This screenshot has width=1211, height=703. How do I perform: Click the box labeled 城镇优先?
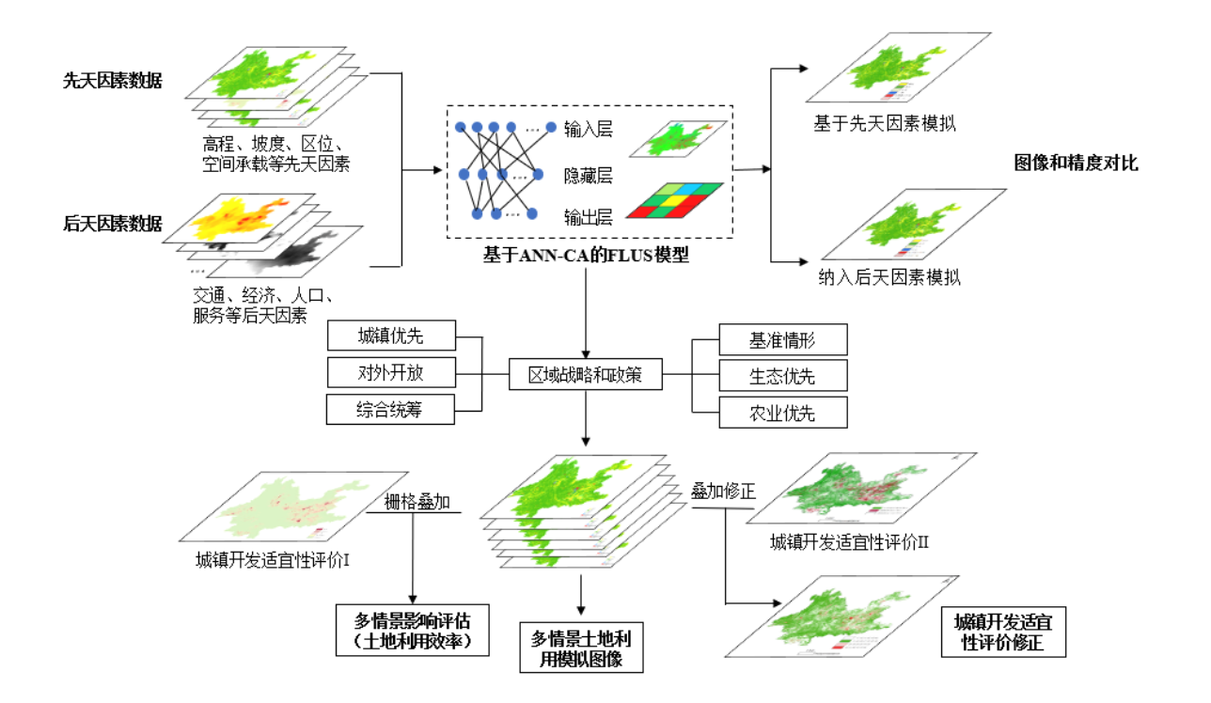390,336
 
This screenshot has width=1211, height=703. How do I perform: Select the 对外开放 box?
390,372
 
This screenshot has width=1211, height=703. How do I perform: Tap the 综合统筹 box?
390,410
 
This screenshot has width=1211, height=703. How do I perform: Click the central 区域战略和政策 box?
586,375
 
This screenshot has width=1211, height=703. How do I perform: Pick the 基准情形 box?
782,339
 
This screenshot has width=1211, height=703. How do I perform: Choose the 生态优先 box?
782,376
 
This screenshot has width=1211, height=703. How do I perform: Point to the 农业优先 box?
782,412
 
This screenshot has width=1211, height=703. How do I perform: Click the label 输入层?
589,130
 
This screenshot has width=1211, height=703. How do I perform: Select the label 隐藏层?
589,175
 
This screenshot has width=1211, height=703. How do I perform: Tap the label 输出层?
589,218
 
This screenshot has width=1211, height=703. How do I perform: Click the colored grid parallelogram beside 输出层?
675,199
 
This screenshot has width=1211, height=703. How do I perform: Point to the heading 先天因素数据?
113,81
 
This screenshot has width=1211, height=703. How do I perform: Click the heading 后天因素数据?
113,224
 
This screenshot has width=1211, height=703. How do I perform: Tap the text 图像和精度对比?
1076,164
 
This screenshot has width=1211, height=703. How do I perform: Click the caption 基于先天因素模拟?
885,123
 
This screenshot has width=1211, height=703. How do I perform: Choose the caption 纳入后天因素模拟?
889,277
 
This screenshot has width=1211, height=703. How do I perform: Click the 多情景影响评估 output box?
413,631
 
